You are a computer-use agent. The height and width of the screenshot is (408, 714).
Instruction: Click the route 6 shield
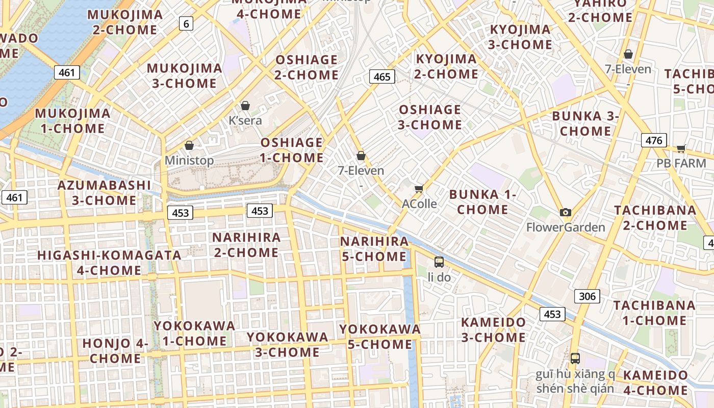point(186,23)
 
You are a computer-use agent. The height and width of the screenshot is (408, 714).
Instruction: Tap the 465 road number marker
point(381,77)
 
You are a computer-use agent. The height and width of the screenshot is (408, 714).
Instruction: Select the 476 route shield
point(654,140)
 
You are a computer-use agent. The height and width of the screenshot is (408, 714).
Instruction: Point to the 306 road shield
point(587,296)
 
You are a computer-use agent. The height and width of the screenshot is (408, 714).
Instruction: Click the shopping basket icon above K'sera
point(245,106)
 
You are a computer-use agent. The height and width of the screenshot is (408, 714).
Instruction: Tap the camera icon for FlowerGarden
point(565,212)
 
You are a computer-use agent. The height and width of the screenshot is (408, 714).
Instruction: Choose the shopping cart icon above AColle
point(419,189)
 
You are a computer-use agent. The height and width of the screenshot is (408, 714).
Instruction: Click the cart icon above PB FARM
point(681,148)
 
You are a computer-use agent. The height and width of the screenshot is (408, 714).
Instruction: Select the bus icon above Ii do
point(439,262)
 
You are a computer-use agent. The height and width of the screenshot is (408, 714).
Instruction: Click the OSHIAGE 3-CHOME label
point(430,117)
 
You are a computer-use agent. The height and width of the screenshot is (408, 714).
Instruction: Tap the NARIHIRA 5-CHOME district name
point(375,249)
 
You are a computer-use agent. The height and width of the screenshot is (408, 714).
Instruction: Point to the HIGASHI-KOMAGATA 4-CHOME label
point(109,263)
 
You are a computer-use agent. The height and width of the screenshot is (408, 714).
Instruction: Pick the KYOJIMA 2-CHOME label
point(446,67)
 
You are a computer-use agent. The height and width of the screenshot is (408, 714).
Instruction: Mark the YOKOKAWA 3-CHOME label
point(288,345)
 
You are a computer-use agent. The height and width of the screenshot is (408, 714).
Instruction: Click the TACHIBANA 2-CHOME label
point(655,218)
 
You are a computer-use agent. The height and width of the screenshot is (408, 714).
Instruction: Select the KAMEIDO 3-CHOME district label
point(493,330)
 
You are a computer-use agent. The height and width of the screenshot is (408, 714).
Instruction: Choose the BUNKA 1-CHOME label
point(482,202)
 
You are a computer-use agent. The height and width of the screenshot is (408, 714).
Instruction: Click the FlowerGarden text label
point(566,227)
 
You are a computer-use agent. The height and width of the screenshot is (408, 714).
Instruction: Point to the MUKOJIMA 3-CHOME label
point(185,76)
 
